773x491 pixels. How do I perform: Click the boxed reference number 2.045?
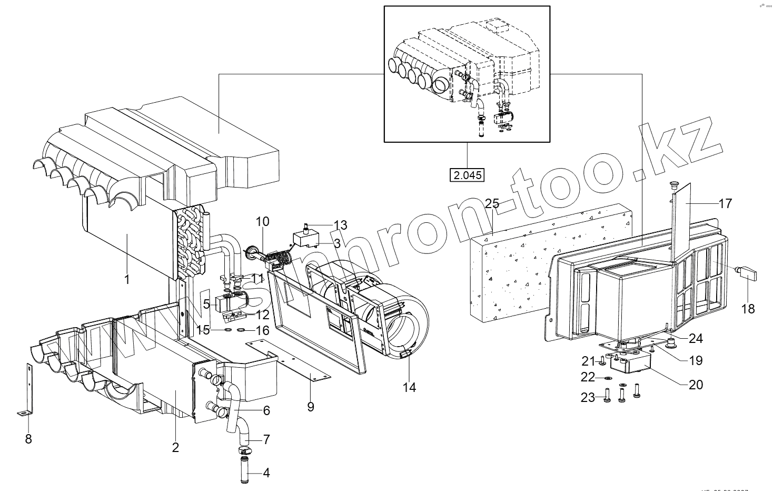468,175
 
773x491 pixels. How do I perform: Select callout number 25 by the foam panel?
492,204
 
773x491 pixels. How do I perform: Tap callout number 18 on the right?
748,309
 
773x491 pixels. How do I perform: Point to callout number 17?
725,203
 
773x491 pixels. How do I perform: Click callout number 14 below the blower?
409,387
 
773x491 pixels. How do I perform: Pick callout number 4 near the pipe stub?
266,473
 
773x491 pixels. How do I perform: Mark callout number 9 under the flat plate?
310,407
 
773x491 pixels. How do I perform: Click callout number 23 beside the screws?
588,398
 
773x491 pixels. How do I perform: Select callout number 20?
696,385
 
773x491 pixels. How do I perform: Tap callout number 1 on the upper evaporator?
126,279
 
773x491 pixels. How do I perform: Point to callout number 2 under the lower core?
175,447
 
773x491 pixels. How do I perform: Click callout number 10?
262,222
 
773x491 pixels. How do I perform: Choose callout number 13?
340,225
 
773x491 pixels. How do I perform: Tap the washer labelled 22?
608,378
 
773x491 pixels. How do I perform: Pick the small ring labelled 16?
240,331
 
